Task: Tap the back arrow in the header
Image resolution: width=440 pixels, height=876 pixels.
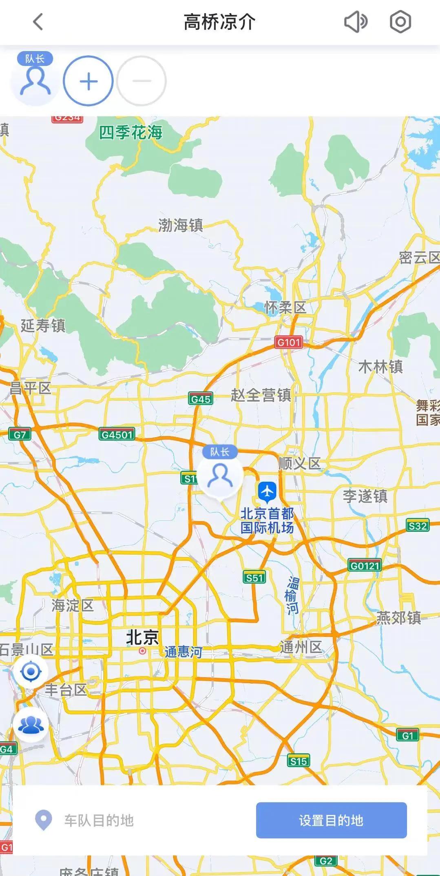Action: (x=38, y=22)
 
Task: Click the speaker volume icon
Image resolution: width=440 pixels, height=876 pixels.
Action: (x=356, y=22)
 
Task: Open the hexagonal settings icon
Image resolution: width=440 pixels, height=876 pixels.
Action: (x=400, y=22)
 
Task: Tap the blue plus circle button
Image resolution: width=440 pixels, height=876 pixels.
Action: (x=88, y=81)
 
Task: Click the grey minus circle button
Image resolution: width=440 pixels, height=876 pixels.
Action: (x=142, y=81)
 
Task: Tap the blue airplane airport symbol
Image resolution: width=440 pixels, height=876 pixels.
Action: (x=267, y=491)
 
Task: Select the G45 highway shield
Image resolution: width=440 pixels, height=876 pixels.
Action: (x=201, y=399)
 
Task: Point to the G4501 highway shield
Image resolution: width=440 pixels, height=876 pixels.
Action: (x=117, y=434)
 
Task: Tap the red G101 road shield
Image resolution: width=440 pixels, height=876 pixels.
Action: (x=289, y=342)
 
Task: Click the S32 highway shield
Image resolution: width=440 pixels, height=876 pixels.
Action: (x=418, y=526)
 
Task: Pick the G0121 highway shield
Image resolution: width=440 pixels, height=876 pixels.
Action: (x=365, y=565)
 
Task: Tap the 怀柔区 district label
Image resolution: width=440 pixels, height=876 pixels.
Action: (x=285, y=307)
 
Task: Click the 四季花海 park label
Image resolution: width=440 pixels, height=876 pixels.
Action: (x=131, y=133)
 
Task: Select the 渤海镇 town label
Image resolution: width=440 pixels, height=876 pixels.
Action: (x=181, y=225)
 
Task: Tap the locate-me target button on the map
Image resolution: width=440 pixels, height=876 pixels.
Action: (x=31, y=671)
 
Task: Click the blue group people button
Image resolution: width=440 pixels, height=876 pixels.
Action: (x=31, y=724)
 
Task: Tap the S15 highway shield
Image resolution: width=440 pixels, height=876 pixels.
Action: (x=298, y=761)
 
